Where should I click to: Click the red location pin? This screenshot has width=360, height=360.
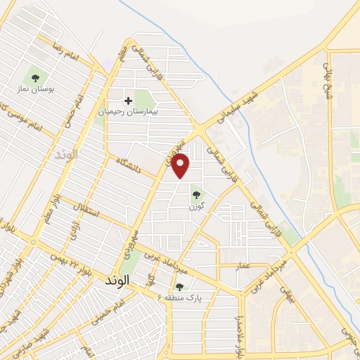click(181, 166)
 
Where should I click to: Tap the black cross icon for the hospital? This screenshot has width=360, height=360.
click(128, 101)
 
